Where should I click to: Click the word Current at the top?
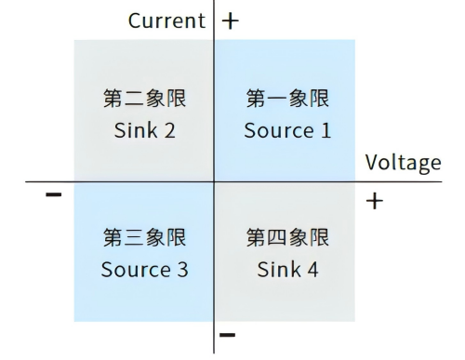tap(166, 20)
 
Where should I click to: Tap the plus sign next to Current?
tap(230, 20)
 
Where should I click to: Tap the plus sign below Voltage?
tap(376, 201)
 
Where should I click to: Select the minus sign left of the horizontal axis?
tap(53, 195)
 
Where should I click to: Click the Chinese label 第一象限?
tap(286, 98)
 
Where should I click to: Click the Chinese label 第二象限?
tap(144, 98)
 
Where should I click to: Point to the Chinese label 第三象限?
tap(144, 238)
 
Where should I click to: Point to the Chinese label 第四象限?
tap(286, 238)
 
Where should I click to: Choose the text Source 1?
tap(286, 130)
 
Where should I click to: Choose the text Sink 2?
tap(144, 130)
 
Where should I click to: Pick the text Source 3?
tap(144, 271)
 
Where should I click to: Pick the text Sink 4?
tap(286, 271)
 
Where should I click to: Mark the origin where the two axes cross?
tap(215, 182)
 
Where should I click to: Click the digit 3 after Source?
tap(182, 271)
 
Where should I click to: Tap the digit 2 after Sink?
tap(169, 130)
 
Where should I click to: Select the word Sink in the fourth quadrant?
tap(277, 271)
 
